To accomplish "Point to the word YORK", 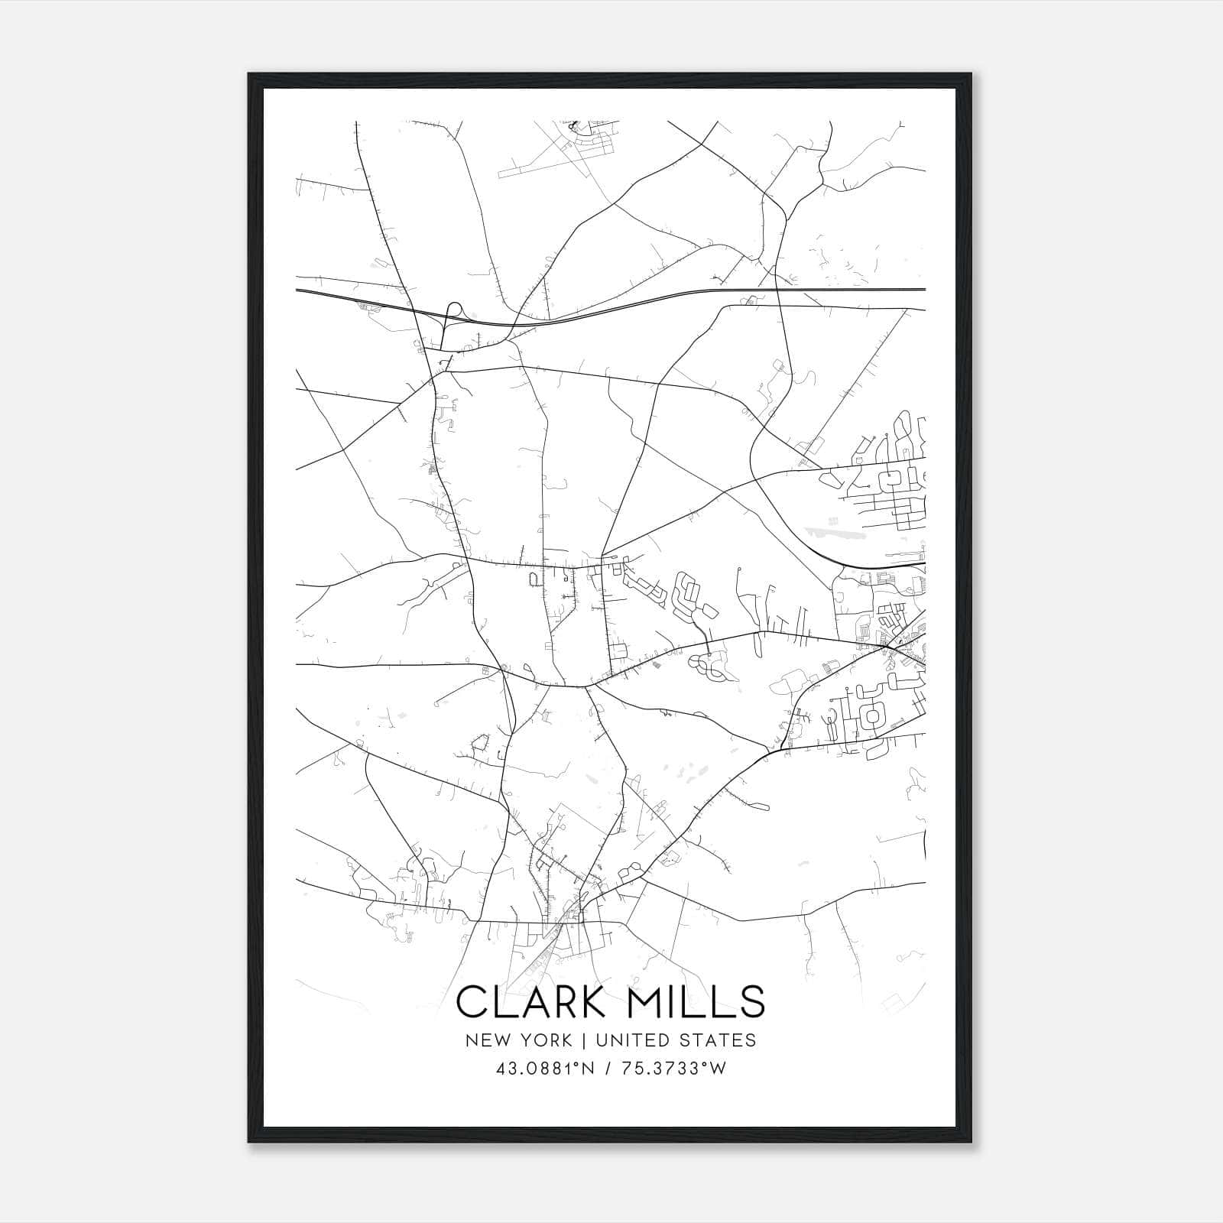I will click(543, 1040).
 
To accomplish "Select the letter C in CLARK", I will click(472, 1001).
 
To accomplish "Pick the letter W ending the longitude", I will click(718, 1069).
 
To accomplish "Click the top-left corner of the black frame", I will click(249, 74).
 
